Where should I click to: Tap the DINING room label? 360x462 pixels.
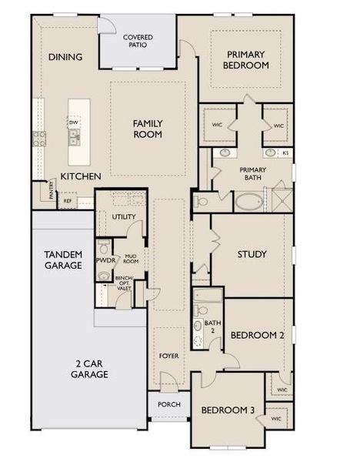coord(65,57)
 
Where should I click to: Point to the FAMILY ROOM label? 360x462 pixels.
coord(147,129)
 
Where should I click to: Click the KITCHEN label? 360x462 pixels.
coord(81,176)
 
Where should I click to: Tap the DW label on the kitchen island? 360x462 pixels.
coord(74,122)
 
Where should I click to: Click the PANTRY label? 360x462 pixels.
coord(52,195)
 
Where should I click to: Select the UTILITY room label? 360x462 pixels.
coord(123,217)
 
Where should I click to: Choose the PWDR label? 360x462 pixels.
coord(105,260)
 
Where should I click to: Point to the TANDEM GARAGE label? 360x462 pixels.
coord(63,259)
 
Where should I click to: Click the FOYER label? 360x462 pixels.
coord(168,356)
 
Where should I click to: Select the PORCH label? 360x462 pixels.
coord(168,404)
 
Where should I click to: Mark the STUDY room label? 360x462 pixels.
coord(251,254)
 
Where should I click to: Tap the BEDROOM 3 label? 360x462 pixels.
coord(228,410)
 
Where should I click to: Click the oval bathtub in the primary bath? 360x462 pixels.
coord(248,202)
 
